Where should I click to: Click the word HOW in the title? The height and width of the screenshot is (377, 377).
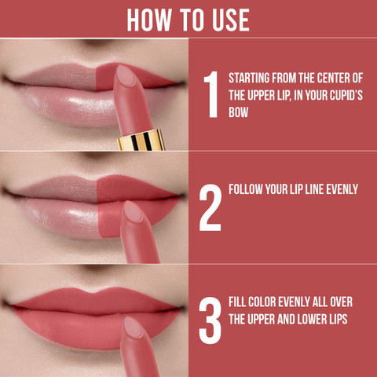coord(149,20)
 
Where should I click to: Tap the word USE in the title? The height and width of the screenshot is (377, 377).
coord(231,20)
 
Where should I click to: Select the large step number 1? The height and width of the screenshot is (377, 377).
coord(211,94)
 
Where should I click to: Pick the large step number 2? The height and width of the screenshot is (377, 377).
coord(210,207)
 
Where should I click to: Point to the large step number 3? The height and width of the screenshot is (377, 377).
coord(210,320)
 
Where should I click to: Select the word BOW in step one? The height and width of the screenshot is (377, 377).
coord(238,112)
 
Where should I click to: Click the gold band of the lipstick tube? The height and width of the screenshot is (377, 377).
coord(141,141)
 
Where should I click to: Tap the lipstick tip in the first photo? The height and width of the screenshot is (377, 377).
coord(125,75)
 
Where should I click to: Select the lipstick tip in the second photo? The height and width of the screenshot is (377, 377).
coord(134,210)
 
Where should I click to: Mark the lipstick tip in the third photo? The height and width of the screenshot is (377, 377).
coord(134,327)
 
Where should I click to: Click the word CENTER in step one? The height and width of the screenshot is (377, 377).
coord(335,78)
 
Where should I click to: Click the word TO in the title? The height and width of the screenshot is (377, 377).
coord(192,20)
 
